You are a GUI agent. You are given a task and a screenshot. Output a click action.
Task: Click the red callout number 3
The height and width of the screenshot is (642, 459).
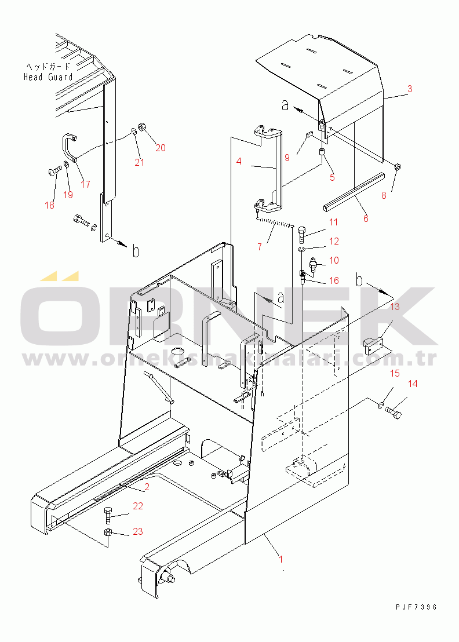point(410,89)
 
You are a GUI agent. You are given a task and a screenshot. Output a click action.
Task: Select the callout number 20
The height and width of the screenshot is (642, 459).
point(161,148)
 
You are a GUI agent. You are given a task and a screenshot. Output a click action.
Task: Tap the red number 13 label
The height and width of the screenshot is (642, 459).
point(395,307)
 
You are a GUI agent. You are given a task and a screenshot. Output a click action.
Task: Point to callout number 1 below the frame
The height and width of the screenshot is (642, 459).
point(281,559)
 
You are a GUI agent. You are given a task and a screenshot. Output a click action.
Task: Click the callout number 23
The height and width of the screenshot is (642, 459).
point(137,531)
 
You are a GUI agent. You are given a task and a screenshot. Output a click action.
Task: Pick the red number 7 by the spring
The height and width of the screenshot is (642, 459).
point(260,247)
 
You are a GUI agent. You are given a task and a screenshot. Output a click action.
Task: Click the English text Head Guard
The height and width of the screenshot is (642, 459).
point(48,77)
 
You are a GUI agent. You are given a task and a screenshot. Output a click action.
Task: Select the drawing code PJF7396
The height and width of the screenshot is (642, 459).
point(417,607)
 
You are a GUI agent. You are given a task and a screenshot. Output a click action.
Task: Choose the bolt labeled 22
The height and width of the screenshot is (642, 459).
point(108,515)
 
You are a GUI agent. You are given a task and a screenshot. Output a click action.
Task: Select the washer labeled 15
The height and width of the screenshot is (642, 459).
point(380,406)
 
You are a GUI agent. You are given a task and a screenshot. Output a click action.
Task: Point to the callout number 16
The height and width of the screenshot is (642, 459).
point(334,280)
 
